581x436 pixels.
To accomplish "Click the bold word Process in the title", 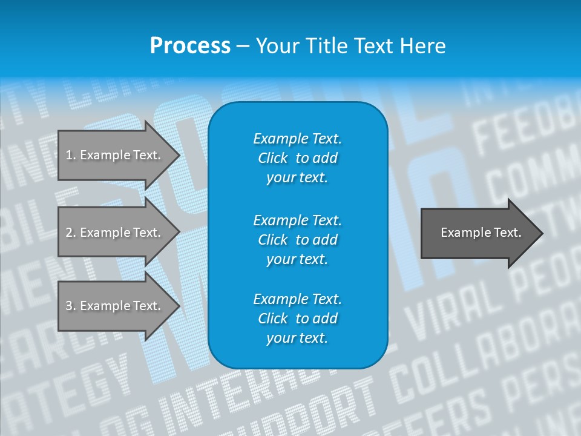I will point(190,46).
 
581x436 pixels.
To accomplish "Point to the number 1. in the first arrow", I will point(71,155).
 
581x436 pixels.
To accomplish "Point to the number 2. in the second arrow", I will point(71,233).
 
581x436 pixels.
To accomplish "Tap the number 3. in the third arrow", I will point(71,306).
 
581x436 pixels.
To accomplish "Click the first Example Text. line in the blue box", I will point(297,139).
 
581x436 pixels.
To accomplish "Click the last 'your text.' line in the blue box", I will point(297,338).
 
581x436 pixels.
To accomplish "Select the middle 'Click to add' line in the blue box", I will point(297,240).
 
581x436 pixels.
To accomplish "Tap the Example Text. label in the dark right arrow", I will point(481,233).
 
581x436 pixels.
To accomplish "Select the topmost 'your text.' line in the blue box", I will point(297,177).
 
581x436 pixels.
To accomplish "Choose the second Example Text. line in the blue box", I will point(297,220).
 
